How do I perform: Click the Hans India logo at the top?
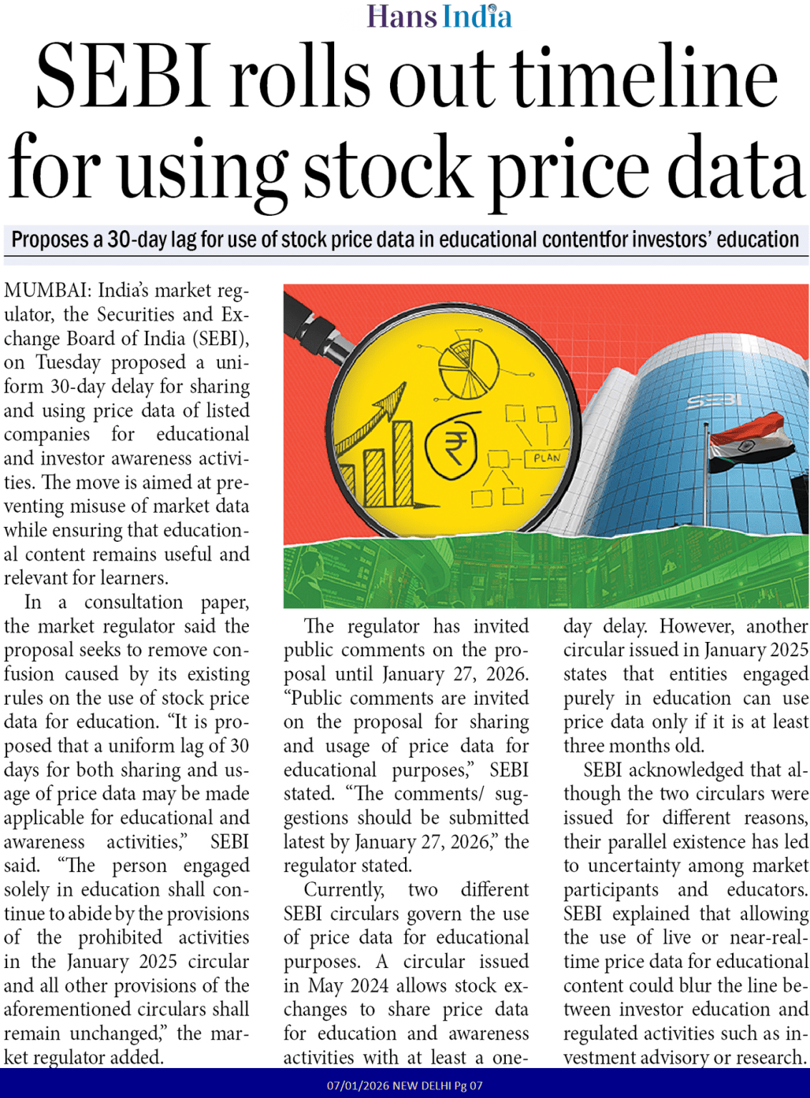point(439,16)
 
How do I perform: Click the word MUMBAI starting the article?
point(47,291)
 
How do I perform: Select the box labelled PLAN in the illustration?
point(547,458)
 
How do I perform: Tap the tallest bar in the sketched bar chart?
point(402,464)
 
